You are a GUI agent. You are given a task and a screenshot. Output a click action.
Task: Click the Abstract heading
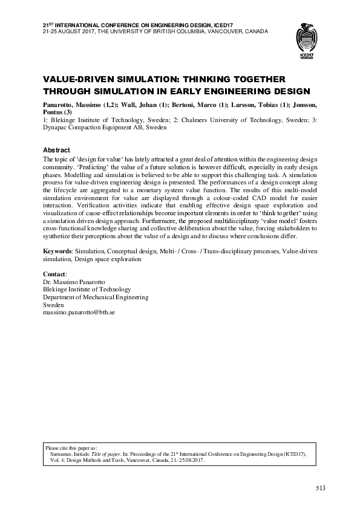click(56, 150)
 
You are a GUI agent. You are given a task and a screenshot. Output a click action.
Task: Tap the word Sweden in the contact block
click(53, 305)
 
